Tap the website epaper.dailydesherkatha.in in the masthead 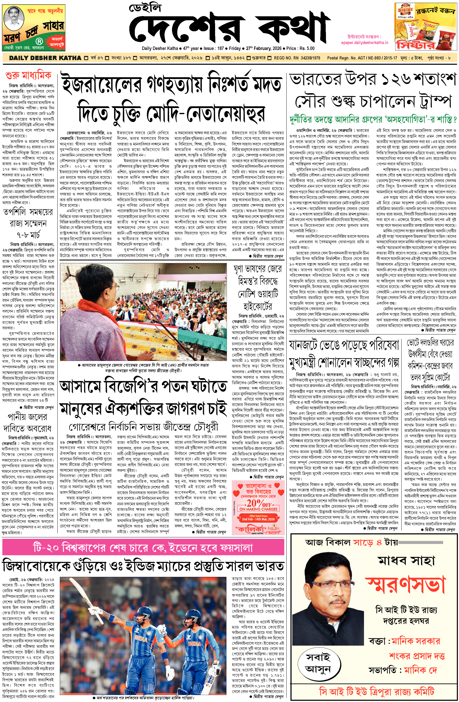(x=364, y=42)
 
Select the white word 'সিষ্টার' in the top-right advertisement (x=416, y=45)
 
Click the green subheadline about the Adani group (x=373, y=119)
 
